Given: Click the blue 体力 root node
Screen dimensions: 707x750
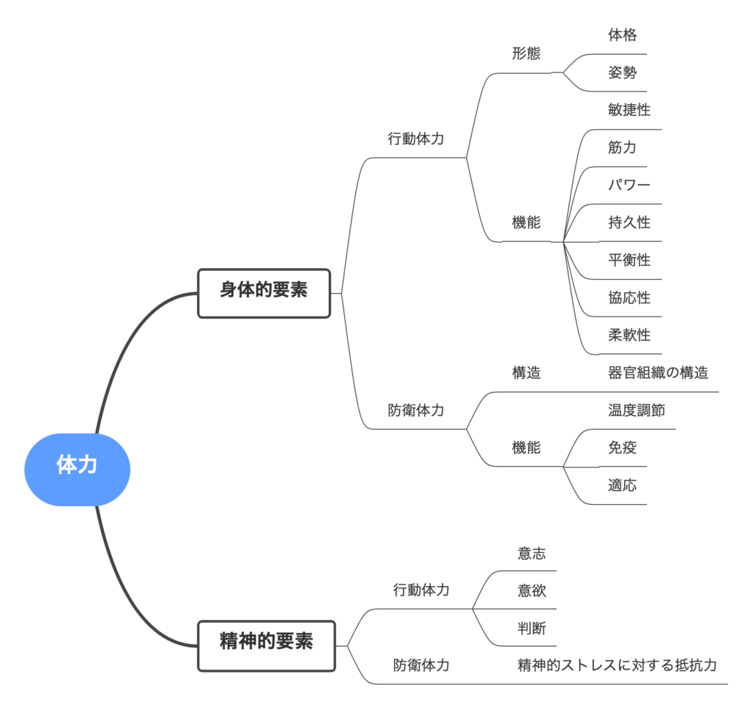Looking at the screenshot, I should (77, 464).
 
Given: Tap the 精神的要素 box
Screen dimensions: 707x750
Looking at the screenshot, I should (267, 642).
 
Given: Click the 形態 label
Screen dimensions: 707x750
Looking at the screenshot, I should (526, 53).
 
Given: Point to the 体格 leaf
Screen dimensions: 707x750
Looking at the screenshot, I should (622, 34).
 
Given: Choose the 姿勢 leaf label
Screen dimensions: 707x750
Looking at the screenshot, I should (622, 73).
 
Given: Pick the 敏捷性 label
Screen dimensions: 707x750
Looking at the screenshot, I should (628, 110).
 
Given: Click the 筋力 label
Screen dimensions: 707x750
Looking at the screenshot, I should (622, 147).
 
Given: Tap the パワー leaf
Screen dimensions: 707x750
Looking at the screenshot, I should (628, 185).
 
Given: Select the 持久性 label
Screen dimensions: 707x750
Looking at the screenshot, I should (628, 223).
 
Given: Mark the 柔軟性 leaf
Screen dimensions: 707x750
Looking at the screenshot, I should (628, 336).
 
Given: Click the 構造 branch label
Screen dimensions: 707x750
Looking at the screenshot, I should (526, 373).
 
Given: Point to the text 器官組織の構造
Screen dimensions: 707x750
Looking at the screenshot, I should (658, 373).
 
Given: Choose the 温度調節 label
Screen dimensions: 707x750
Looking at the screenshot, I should (636, 410).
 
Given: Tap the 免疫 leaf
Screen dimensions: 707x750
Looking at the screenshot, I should (622, 448).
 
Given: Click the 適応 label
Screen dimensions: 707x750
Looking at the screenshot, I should (622, 485).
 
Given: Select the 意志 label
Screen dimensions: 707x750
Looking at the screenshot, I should (532, 553).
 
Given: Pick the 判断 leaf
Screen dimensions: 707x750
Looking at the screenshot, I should (532, 629).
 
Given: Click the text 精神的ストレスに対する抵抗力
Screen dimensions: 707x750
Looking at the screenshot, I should (617, 666).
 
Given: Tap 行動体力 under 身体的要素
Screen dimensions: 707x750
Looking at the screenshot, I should (415, 138).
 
